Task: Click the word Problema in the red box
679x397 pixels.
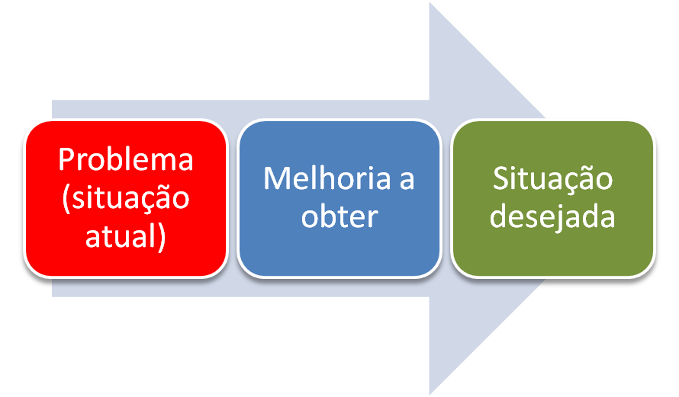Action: [x=126, y=160]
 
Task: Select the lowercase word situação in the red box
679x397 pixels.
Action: [x=130, y=198]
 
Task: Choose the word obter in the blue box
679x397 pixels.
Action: [x=339, y=216]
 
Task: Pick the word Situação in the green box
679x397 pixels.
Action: [x=552, y=179]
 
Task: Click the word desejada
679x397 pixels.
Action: [x=552, y=216]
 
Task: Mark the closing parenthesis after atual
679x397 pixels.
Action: [x=161, y=236]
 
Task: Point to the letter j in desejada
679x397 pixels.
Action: [x=561, y=218]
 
